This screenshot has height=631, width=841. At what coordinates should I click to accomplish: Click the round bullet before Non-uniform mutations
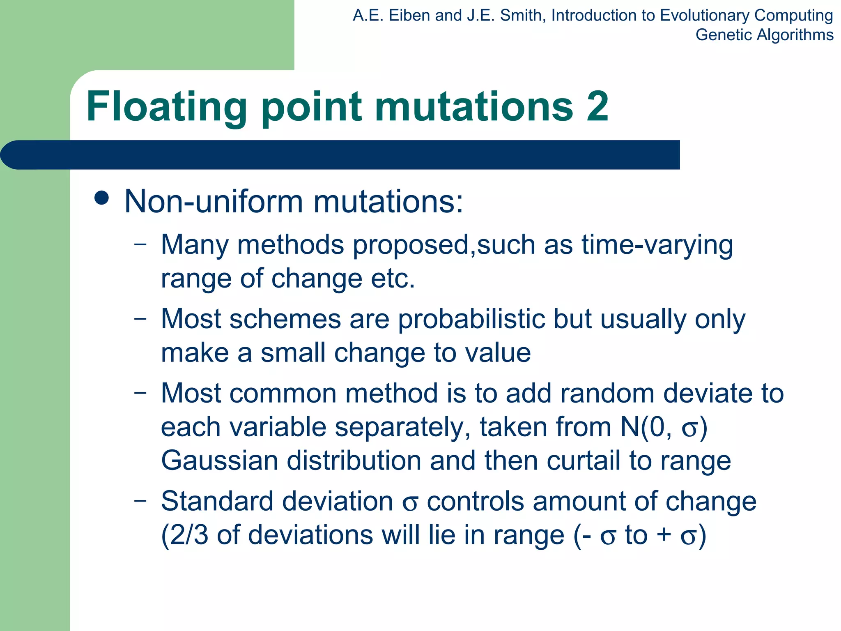click(x=101, y=198)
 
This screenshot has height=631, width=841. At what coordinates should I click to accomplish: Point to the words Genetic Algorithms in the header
click(x=764, y=35)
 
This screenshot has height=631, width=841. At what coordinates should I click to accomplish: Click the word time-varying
click(x=657, y=246)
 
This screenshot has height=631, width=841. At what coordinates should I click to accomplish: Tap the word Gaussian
click(x=220, y=461)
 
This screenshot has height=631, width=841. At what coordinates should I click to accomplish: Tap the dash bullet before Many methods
click(x=140, y=244)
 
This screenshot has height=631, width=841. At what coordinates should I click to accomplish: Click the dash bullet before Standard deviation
click(x=140, y=500)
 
